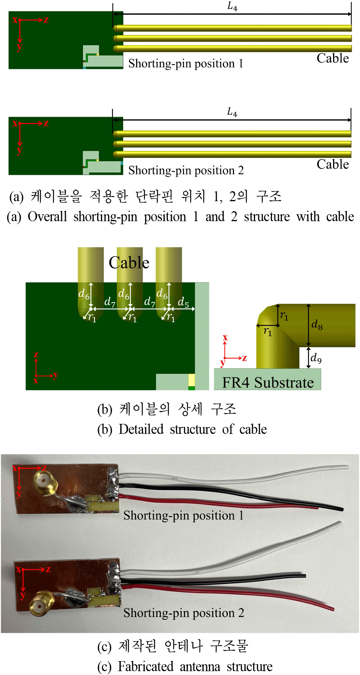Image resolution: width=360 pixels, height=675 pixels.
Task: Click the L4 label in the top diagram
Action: click(232, 7)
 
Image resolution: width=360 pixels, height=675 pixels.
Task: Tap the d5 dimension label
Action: click(183, 302)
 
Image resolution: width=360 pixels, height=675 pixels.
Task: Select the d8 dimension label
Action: click(317, 325)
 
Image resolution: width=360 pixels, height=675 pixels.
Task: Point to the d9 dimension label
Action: click(316, 358)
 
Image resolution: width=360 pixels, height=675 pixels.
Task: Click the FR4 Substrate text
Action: click(268, 383)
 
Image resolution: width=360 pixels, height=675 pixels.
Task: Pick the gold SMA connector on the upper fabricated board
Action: click(44, 480)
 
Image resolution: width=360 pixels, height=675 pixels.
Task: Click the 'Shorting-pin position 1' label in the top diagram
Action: click(186, 63)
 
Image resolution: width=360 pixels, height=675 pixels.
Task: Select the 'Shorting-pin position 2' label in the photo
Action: click(184, 613)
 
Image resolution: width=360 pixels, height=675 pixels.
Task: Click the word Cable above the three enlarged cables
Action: click(129, 263)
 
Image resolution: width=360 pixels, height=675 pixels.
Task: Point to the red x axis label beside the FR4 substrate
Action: click(225, 337)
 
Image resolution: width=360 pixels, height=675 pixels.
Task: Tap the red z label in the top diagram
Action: click(46, 20)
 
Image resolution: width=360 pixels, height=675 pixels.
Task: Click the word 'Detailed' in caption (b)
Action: click(141, 429)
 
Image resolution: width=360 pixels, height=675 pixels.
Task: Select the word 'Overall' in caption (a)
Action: click(47, 217)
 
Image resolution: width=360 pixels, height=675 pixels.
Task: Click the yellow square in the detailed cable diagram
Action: click(191, 380)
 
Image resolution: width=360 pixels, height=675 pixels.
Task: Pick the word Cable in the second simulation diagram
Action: click(333, 164)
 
